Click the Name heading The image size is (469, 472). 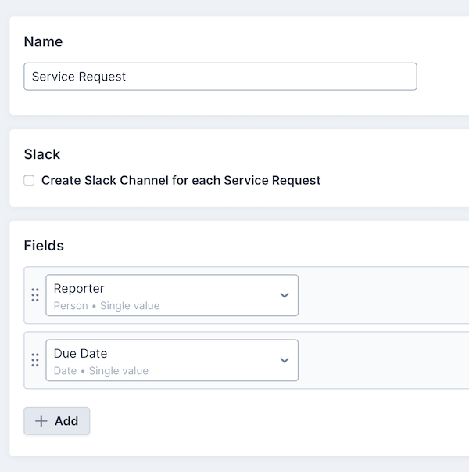click(43, 41)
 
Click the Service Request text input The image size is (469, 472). click(220, 77)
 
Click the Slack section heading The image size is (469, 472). click(42, 154)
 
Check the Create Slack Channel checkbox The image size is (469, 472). click(29, 180)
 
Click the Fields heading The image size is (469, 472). click(44, 246)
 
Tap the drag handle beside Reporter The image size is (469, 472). click(35, 295)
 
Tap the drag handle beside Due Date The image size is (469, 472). click(35, 360)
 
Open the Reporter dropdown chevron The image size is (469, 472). click(285, 295)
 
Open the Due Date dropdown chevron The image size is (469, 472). click(285, 360)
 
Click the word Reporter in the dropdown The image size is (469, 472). click(79, 289)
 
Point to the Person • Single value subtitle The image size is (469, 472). click(106, 306)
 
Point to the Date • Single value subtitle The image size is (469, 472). click(101, 371)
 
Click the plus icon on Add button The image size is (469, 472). click(41, 421)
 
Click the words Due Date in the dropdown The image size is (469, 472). click(81, 354)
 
